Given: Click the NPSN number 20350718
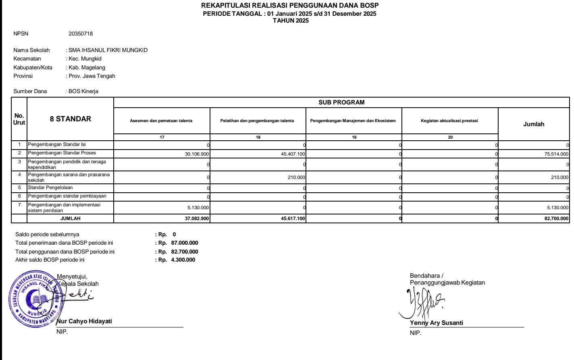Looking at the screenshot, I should click(x=81, y=34).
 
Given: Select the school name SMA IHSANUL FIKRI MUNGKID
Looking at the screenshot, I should click(x=108, y=50).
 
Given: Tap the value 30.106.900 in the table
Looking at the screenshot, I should click(x=197, y=154).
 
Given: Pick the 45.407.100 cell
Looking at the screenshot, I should click(x=293, y=154).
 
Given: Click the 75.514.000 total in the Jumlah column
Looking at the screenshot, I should click(x=556, y=154).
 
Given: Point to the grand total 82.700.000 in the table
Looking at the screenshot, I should click(x=556, y=219).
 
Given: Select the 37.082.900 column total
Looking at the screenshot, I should click(x=197, y=219).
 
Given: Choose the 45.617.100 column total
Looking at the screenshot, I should click(x=293, y=219).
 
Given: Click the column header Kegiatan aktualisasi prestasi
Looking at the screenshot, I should click(x=449, y=121).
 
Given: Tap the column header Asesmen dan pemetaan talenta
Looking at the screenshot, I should click(x=161, y=121).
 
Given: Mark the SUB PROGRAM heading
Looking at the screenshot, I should click(x=341, y=102).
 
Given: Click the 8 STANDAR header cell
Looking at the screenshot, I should click(x=71, y=119).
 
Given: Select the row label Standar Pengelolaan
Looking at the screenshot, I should click(x=50, y=188).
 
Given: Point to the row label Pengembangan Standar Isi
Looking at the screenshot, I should click(x=56, y=144).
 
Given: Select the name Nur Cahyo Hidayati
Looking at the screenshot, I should click(x=84, y=321).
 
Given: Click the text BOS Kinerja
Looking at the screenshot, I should click(x=83, y=92).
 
